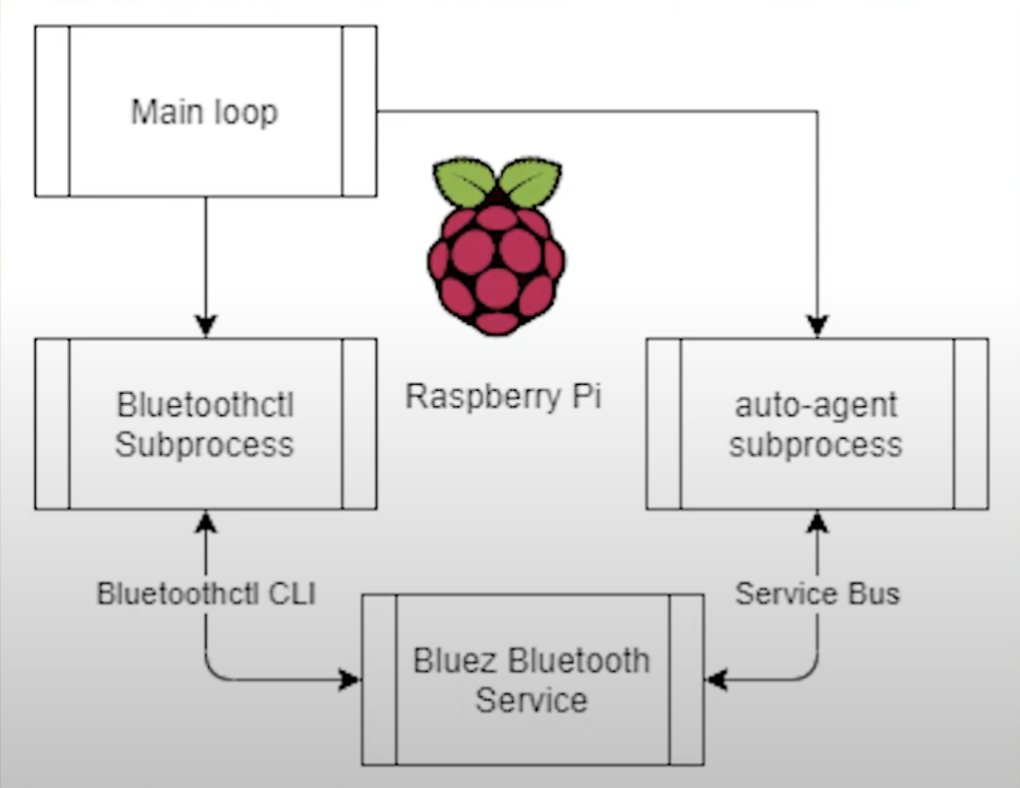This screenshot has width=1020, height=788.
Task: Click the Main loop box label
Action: (x=205, y=112)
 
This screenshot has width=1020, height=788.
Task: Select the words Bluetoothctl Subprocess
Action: (x=205, y=425)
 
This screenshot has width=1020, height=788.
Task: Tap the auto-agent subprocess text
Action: (x=815, y=425)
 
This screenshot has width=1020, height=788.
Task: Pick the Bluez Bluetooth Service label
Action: (x=531, y=680)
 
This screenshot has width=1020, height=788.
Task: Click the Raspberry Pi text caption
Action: (x=503, y=396)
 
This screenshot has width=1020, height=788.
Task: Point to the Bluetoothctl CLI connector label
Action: (x=206, y=593)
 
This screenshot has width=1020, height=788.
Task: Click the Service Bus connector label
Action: (x=817, y=593)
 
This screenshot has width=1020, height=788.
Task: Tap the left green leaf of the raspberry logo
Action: (x=464, y=183)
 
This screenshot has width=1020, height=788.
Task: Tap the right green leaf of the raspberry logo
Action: (x=529, y=183)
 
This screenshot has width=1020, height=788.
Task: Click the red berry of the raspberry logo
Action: (x=496, y=264)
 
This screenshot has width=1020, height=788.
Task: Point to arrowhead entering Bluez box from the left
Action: (x=350, y=680)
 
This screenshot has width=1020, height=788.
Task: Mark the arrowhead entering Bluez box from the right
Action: (x=716, y=680)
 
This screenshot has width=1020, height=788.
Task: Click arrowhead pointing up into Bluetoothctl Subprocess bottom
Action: (x=206, y=521)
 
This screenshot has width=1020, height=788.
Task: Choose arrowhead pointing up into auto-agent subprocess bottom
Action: (x=817, y=521)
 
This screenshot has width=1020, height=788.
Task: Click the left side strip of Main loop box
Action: (x=52, y=111)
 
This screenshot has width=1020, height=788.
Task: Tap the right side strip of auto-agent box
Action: (x=970, y=424)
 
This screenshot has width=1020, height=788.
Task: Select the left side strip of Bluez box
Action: (x=379, y=680)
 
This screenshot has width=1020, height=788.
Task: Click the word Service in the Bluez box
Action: (x=531, y=700)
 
